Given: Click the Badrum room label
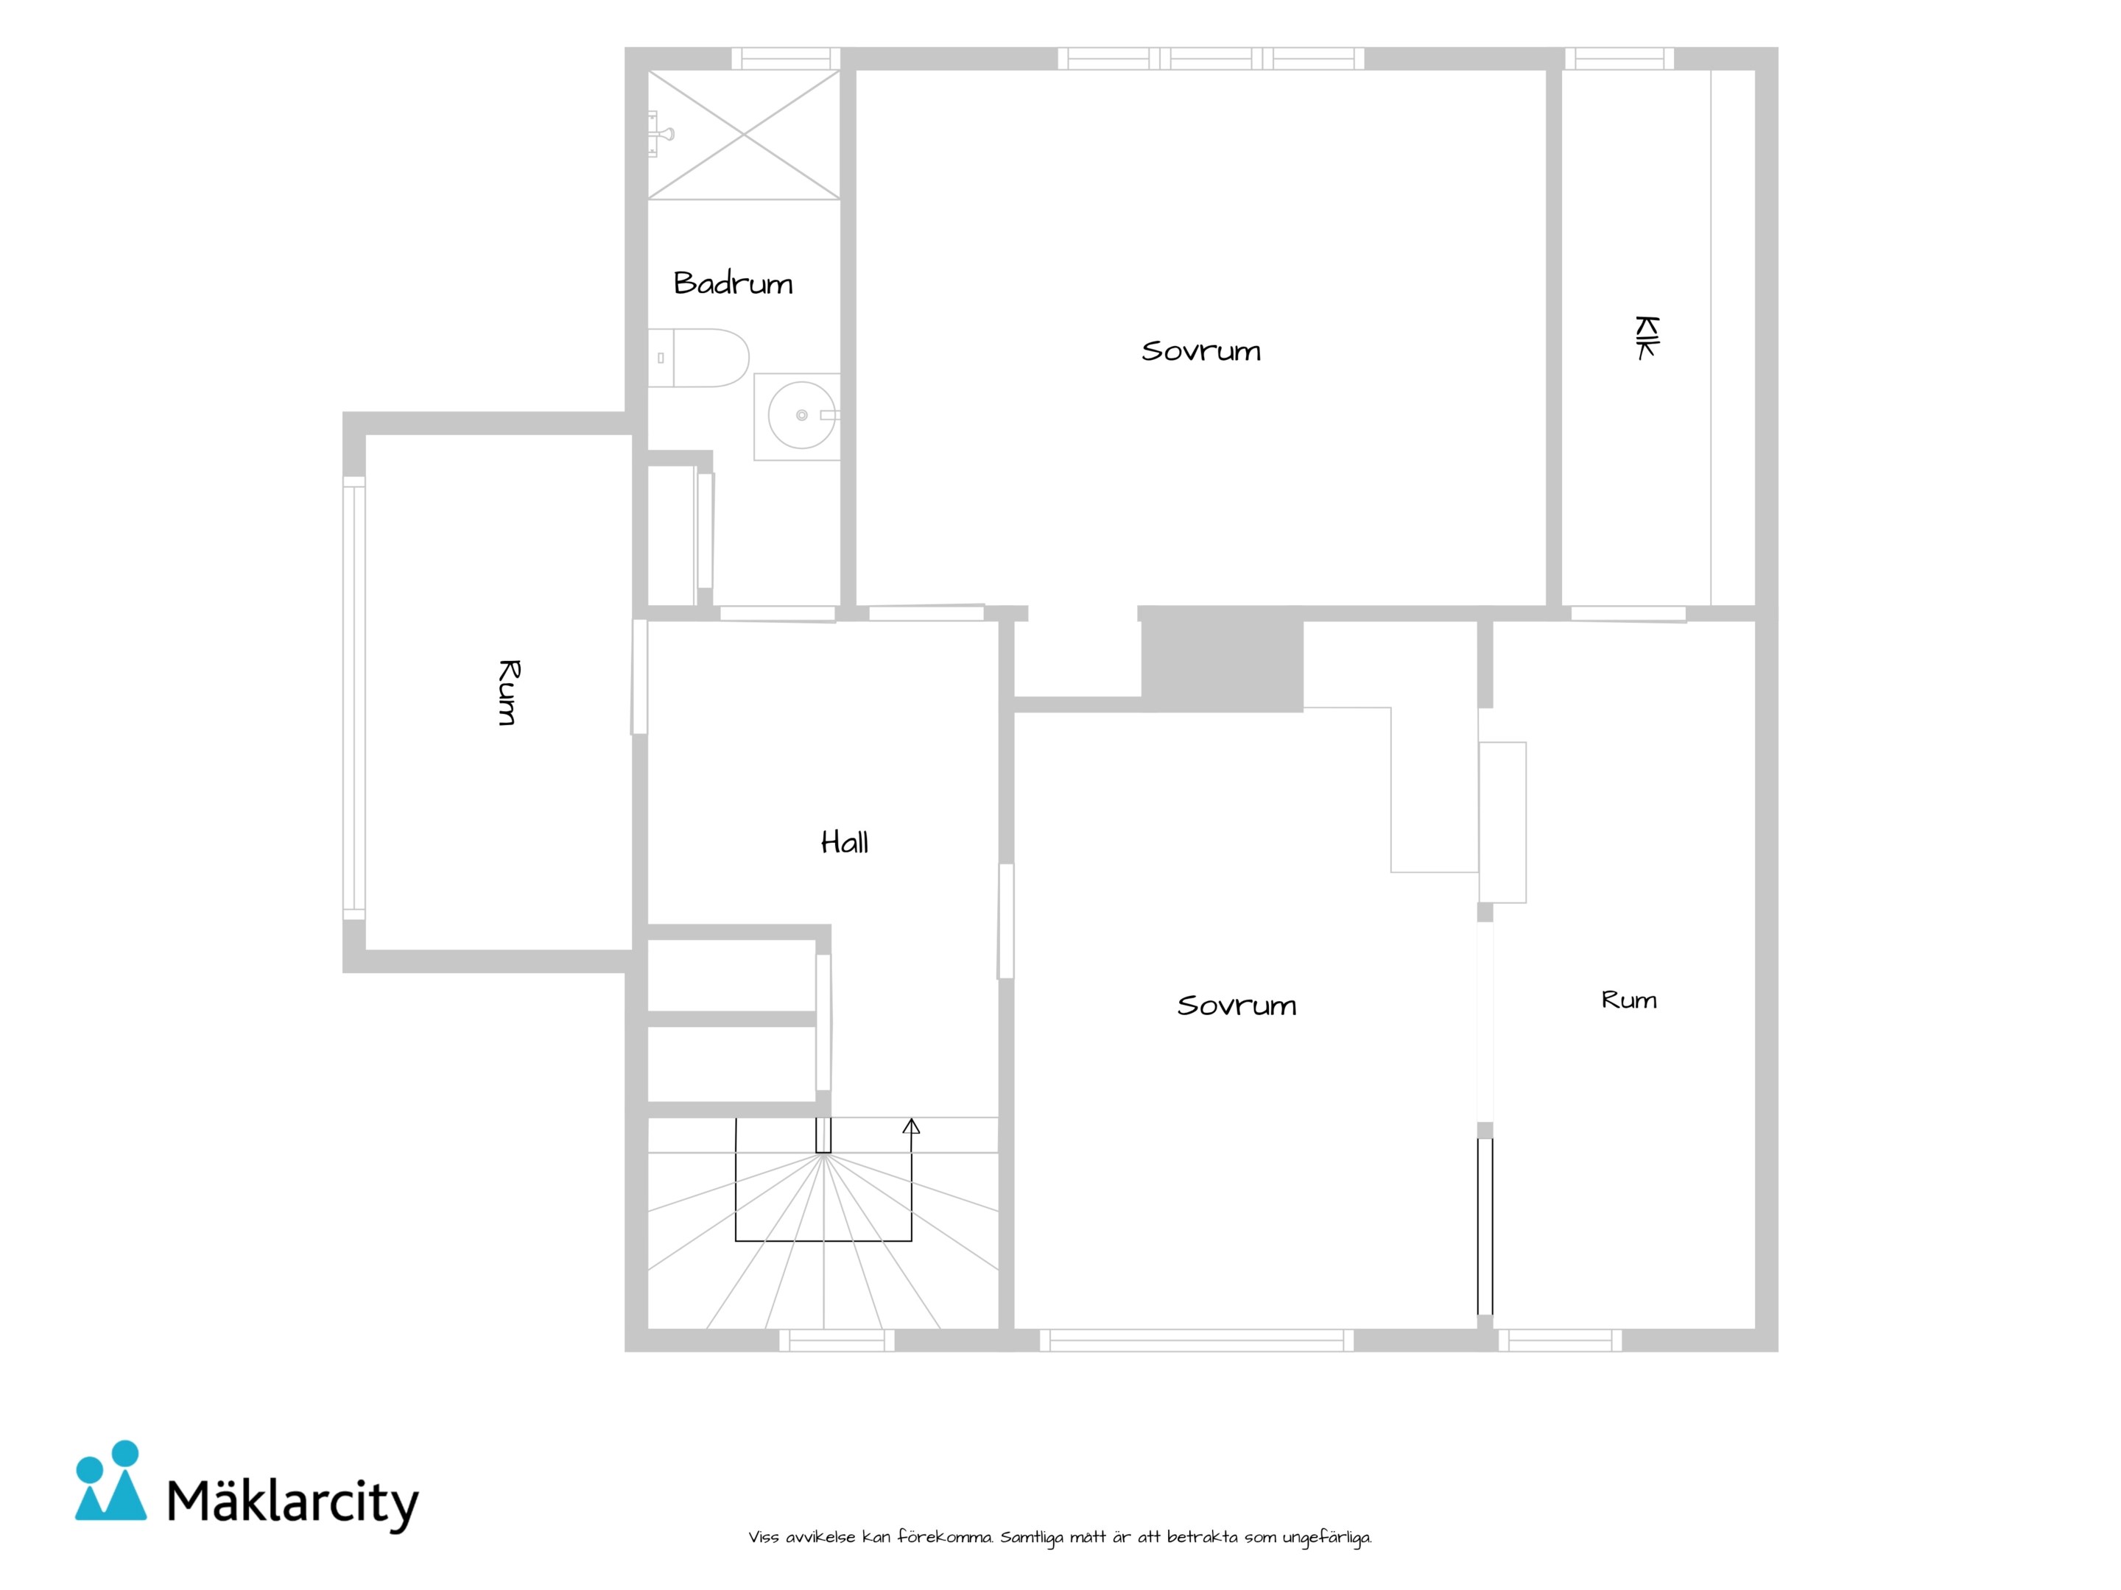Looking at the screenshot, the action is click(x=734, y=283).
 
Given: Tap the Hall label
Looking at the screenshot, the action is click(x=845, y=842).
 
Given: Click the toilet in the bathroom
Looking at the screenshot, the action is click(x=698, y=358).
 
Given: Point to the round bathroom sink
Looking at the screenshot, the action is click(x=801, y=415).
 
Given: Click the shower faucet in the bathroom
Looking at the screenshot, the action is click(x=660, y=133).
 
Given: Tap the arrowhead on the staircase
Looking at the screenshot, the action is click(x=911, y=1126).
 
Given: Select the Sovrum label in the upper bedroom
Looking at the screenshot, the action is click(x=1200, y=351).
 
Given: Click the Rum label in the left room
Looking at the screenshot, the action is click(x=509, y=692).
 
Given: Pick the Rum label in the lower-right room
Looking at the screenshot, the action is click(x=1629, y=1000).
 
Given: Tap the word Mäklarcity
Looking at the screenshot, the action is click(x=293, y=1501).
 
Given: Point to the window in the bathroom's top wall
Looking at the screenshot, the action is click(x=787, y=58).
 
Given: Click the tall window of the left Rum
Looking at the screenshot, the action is click(x=353, y=698).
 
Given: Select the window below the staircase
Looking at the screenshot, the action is click(x=836, y=1340).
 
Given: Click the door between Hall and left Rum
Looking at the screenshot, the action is click(x=639, y=676).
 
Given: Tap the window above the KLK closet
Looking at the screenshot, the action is click(x=1619, y=58).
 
